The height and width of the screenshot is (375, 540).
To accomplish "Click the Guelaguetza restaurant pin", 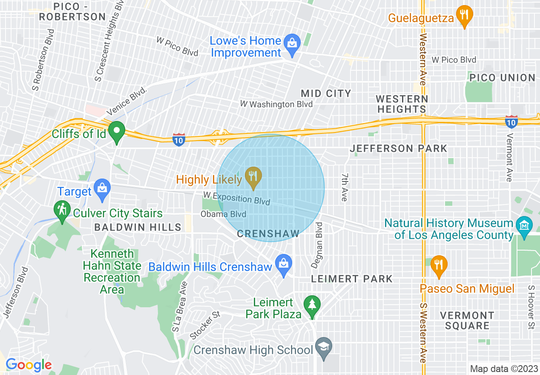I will pyautogui.click(x=464, y=16).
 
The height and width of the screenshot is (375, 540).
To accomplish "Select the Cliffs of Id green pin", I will pyautogui.click(x=116, y=131).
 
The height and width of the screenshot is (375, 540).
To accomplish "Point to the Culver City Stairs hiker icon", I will pyautogui.click(x=62, y=211).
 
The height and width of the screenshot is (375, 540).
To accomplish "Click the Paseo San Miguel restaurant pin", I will pyautogui.click(x=438, y=265).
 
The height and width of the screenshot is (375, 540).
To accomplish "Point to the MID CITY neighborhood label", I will pyautogui.click(x=326, y=93).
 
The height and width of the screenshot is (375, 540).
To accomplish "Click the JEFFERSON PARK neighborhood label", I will pyautogui.click(x=398, y=148).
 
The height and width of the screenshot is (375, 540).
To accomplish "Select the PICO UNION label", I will pyautogui.click(x=502, y=78).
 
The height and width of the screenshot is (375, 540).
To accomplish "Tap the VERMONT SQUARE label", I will pyautogui.click(x=467, y=320).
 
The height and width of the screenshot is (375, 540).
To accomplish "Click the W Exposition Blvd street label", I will pyautogui.click(x=236, y=198).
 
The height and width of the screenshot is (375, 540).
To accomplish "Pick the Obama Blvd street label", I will pyautogui.click(x=223, y=214).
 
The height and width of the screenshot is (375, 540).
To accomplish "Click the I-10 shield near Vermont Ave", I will pyautogui.click(x=511, y=121).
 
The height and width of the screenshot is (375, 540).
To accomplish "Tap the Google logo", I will pyautogui.click(x=28, y=365).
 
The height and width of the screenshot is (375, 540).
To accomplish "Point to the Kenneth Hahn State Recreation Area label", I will pyautogui.click(x=112, y=271).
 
